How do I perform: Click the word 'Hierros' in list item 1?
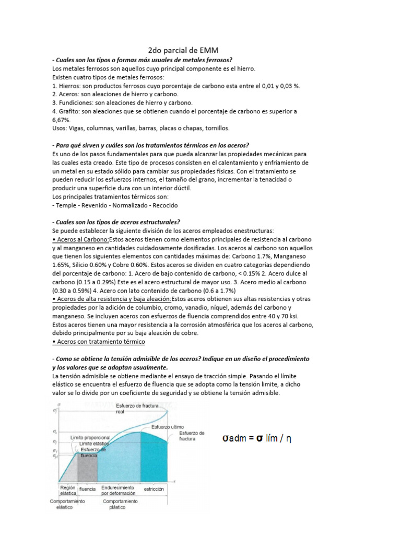coord(71,86)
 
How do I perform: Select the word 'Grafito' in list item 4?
coord(70,111)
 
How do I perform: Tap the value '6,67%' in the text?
coord(62,120)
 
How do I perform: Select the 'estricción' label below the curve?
coord(154,489)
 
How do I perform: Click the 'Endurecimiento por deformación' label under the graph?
coord(119,490)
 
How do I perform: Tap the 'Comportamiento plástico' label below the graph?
coord(120,504)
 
